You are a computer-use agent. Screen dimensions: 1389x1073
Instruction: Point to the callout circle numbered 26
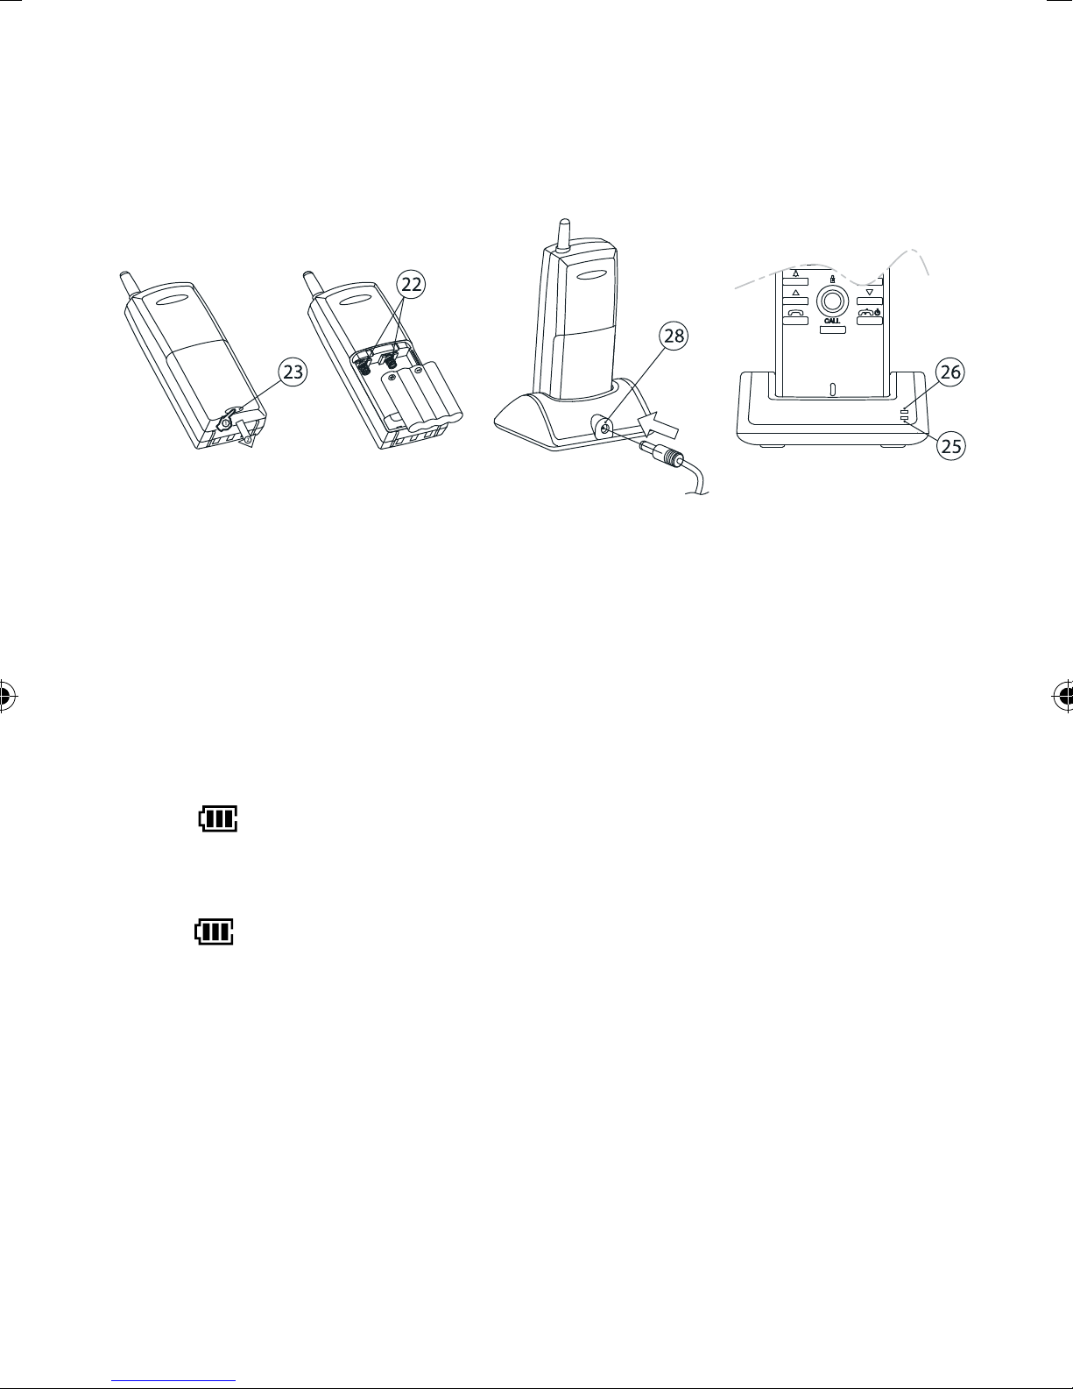coord(949,372)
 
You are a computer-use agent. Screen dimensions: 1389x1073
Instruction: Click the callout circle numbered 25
coord(949,446)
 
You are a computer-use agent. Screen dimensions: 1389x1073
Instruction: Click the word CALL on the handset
coord(832,321)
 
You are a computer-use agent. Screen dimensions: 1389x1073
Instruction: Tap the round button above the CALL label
coord(832,301)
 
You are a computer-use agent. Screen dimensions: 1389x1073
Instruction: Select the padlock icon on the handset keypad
coord(832,280)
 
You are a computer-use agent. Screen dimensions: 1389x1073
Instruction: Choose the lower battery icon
coord(215,932)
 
